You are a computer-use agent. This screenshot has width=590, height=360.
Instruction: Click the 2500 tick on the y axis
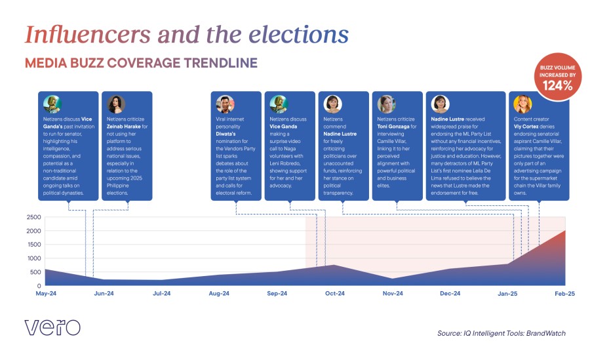[34, 217]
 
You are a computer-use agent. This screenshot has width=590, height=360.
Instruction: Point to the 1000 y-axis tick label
[34, 258]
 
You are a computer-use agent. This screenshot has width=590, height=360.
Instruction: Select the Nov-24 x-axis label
[392, 294]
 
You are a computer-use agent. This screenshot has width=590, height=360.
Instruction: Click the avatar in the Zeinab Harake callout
[116, 104]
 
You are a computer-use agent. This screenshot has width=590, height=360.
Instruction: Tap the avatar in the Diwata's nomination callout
[225, 104]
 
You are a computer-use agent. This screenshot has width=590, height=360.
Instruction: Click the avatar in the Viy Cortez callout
[522, 104]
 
